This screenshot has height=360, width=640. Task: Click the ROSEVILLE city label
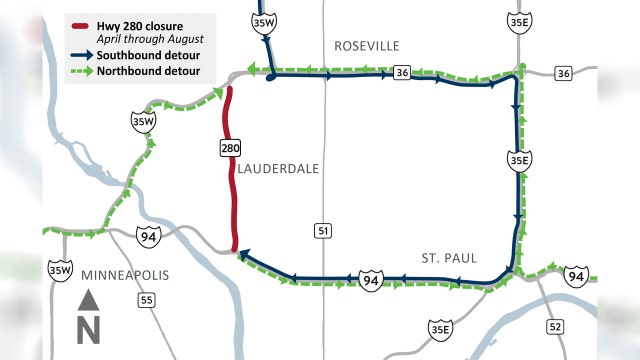pyautogui.click(x=366, y=46)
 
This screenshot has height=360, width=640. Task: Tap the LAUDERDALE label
pyautogui.click(x=279, y=169)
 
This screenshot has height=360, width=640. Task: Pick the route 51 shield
pyautogui.click(x=323, y=230)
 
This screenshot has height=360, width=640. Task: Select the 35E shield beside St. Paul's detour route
pyautogui.click(x=518, y=160)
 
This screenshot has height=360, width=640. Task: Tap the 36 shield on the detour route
pyautogui.click(x=400, y=73)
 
